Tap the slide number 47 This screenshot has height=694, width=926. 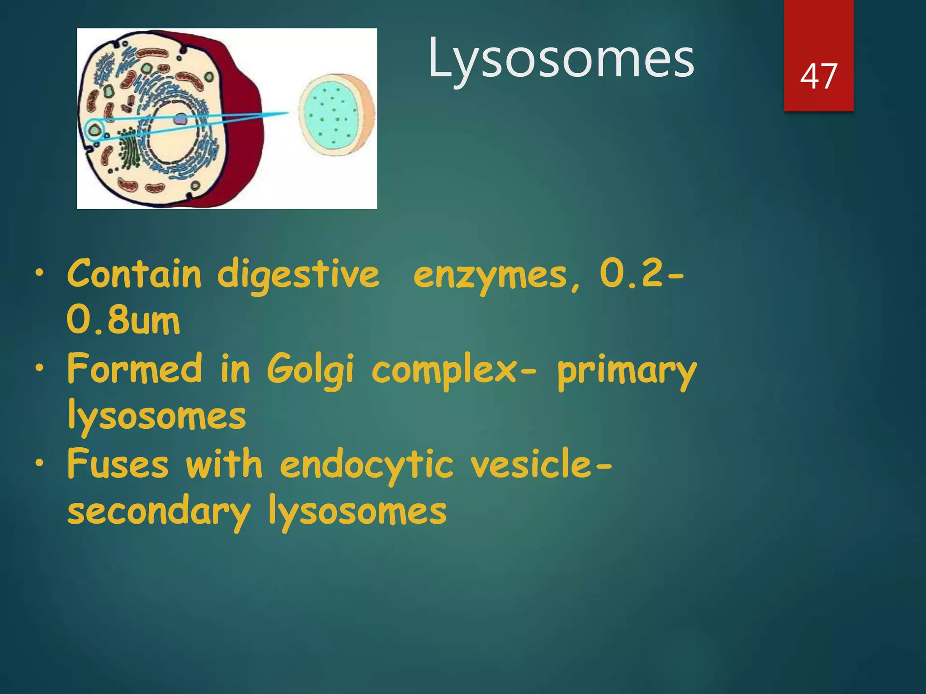818,76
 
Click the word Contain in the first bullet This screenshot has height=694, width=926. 134,274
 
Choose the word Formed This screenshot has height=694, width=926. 134,369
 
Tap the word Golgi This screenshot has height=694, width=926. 310,370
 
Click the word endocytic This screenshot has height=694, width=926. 366,465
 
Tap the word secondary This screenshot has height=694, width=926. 158,512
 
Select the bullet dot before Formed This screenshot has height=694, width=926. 40,368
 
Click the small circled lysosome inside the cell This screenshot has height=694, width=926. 94,130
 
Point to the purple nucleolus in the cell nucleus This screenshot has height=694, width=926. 180,120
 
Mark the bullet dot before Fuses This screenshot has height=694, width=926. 40,463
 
